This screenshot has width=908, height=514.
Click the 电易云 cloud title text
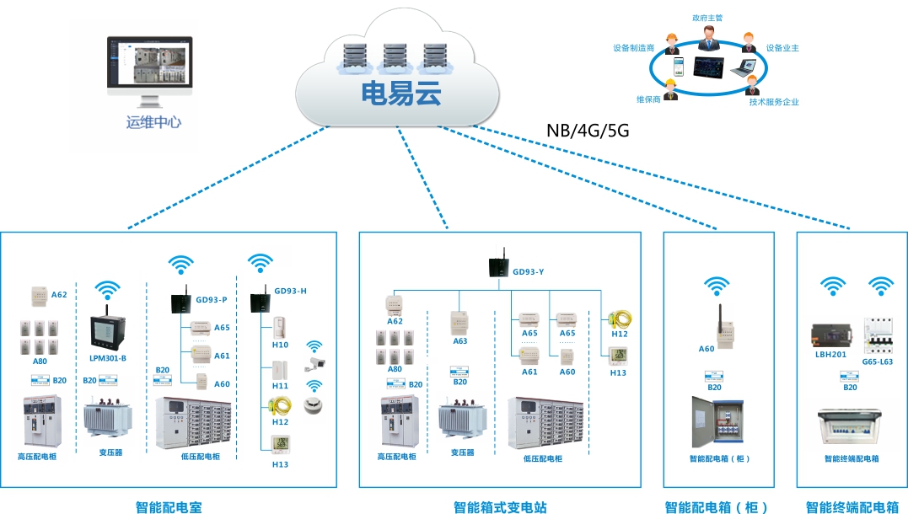(x=401, y=94)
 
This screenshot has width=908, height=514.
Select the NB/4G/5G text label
(x=588, y=131)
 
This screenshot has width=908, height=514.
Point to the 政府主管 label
(x=707, y=17)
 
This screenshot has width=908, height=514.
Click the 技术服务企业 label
(x=774, y=102)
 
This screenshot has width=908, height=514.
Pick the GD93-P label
(x=212, y=299)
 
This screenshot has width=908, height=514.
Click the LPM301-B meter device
(x=107, y=332)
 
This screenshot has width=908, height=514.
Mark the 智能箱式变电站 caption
(x=500, y=507)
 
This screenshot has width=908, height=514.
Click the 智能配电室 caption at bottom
(x=169, y=507)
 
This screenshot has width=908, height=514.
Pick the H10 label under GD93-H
(x=280, y=345)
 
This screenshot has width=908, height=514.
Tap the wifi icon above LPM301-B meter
(x=107, y=292)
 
